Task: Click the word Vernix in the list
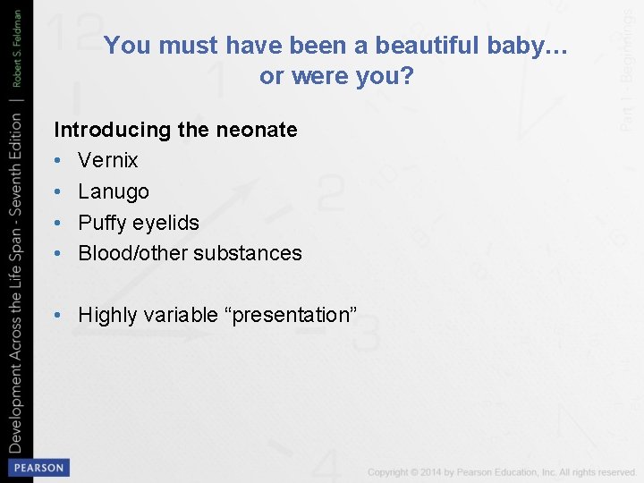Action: click(108, 161)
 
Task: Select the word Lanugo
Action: click(114, 191)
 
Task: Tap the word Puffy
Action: click(101, 222)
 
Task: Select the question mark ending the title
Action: click(408, 77)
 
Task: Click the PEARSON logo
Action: click(38, 467)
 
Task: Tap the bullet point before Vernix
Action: click(59, 161)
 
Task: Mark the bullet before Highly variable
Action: click(59, 315)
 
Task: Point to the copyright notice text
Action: click(502, 471)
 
